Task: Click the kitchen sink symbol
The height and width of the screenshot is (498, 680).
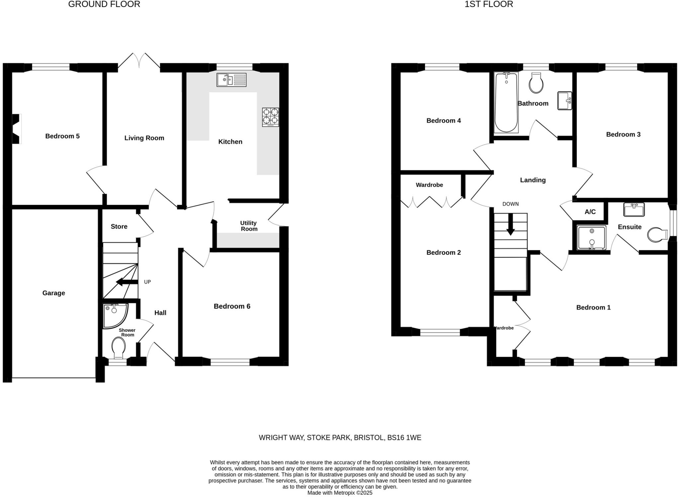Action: [231, 80]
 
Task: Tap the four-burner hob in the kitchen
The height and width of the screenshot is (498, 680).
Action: [270, 117]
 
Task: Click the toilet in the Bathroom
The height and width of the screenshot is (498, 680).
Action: [536, 83]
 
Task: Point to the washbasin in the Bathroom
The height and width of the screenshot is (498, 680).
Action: [564, 101]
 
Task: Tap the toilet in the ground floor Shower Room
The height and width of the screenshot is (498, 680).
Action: [118, 347]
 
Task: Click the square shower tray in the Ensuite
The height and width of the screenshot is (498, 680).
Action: [591, 238]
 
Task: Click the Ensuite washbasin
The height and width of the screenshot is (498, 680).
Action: [634, 210]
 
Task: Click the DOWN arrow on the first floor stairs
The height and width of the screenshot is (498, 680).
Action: [510, 225]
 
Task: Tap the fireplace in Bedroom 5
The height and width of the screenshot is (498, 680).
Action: [16, 129]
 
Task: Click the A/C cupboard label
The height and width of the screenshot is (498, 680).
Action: [590, 212]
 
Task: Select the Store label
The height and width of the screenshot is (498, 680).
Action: [119, 227]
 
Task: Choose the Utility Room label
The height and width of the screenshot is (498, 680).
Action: [249, 226]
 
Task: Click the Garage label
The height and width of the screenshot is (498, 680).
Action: [53, 293]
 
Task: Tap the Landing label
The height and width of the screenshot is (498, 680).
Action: [533, 180]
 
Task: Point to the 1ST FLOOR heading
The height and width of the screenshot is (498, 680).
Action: [488, 4]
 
